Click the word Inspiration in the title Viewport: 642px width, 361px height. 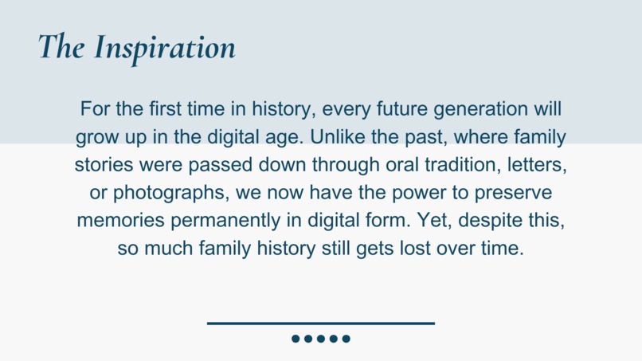pyautogui.click(x=165, y=48)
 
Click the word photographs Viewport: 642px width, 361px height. pyautogui.click(x=162, y=194)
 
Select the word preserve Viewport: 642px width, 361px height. pyautogui.click(x=517, y=193)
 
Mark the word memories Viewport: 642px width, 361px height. pyautogui.click(x=115, y=221)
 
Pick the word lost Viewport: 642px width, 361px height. pyautogui.click(x=411, y=249)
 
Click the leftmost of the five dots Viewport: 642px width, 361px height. pyautogui.click(x=296, y=339)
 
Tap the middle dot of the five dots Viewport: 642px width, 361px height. pyautogui.click(x=321, y=339)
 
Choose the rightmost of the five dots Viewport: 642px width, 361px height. pyautogui.click(x=346, y=339)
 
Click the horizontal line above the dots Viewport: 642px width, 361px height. pyautogui.click(x=321, y=324)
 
